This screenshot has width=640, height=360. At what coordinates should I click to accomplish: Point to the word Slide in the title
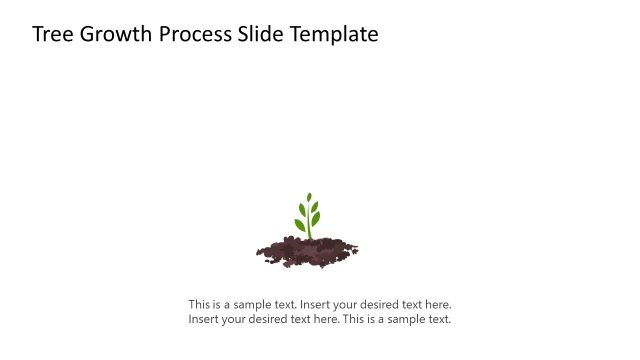[259, 34]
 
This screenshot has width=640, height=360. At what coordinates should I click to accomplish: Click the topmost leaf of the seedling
[309, 198]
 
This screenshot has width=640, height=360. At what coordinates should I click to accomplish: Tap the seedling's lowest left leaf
[300, 225]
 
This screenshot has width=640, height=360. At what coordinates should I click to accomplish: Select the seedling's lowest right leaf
[316, 219]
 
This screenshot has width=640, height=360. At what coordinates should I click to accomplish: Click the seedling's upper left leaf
[301, 210]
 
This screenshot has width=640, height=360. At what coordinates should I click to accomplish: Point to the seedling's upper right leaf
[315, 207]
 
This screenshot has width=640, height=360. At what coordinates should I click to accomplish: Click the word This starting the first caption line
[200, 304]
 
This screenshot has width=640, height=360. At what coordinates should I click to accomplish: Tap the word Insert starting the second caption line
[204, 320]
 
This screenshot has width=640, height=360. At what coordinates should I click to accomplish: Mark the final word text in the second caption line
[439, 320]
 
